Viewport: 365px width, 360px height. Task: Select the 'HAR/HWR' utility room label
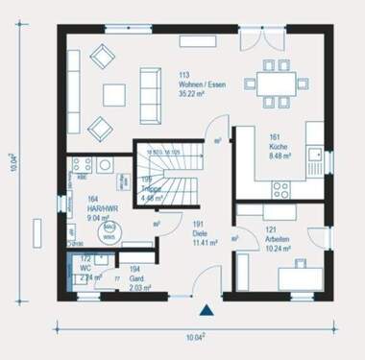(84, 206)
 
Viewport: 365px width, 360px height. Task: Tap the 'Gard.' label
(135, 278)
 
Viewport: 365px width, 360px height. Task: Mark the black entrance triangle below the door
(206, 310)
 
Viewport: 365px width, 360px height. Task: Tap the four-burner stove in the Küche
(79, 163)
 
